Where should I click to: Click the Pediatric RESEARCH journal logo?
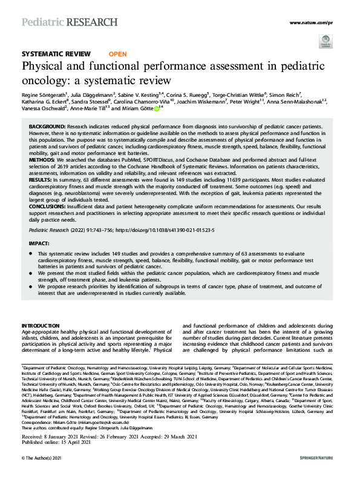coord(70,22)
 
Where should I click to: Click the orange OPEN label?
coord(119,54)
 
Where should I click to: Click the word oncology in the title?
coord(44,80)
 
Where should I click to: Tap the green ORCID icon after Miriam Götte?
coord(157,110)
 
